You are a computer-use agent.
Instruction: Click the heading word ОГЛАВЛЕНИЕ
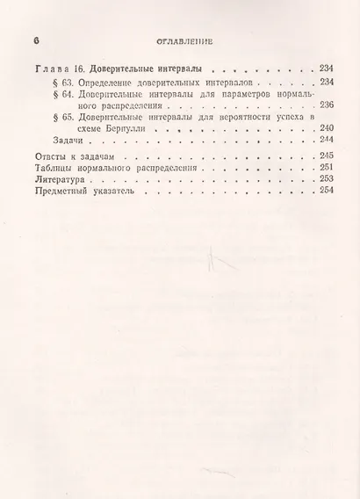(x=181, y=40)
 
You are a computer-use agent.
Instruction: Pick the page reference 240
(x=328, y=128)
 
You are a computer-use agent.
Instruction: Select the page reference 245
(x=328, y=156)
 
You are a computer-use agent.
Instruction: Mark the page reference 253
(x=328, y=179)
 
